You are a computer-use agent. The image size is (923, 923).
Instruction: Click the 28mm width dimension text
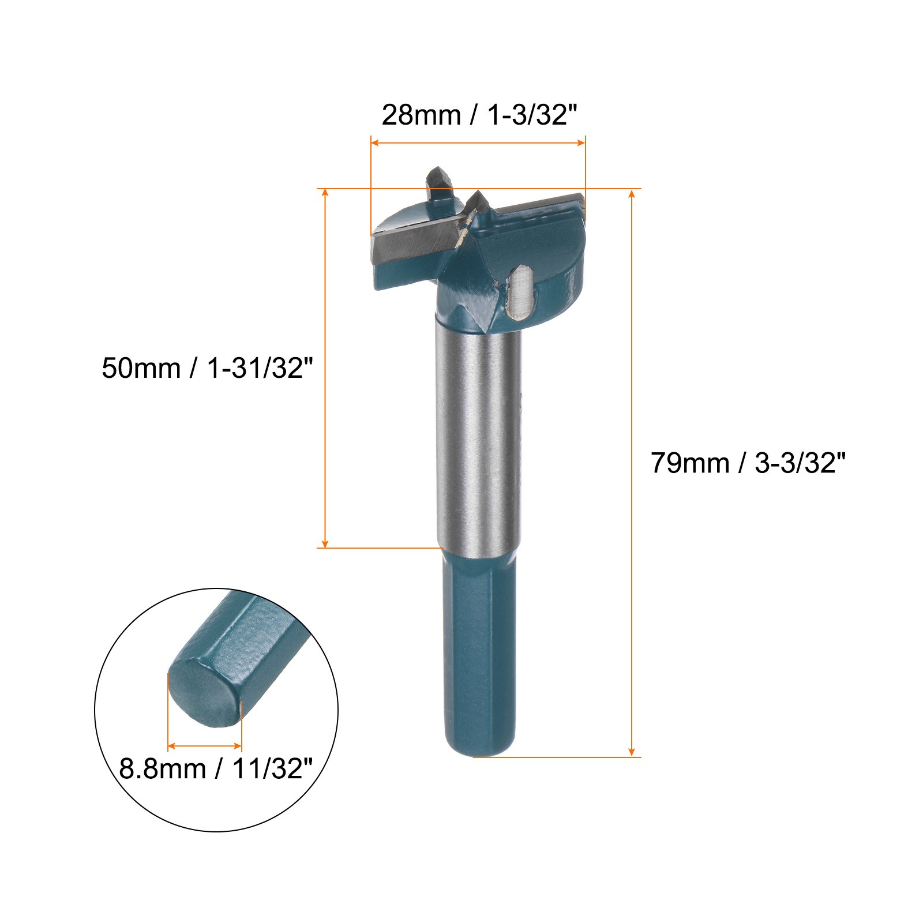(421, 115)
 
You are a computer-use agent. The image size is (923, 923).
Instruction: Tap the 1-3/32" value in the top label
(532, 115)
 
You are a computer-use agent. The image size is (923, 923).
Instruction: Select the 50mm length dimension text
(141, 368)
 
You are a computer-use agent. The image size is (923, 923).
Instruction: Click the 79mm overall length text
(690, 463)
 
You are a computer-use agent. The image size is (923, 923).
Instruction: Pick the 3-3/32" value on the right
(800, 463)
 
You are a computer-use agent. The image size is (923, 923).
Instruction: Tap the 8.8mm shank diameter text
(162, 769)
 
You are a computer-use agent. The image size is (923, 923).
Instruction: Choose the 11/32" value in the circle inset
(272, 769)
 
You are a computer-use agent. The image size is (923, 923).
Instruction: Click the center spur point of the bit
(478, 202)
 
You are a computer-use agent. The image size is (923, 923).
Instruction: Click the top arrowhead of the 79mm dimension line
(632, 193)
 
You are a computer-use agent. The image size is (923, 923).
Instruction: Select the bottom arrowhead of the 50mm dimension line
(325, 543)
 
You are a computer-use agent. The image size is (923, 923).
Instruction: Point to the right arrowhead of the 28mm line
(581, 142)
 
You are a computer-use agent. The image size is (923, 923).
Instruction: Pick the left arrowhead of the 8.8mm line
(171, 746)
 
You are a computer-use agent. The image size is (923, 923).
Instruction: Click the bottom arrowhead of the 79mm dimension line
(632, 752)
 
